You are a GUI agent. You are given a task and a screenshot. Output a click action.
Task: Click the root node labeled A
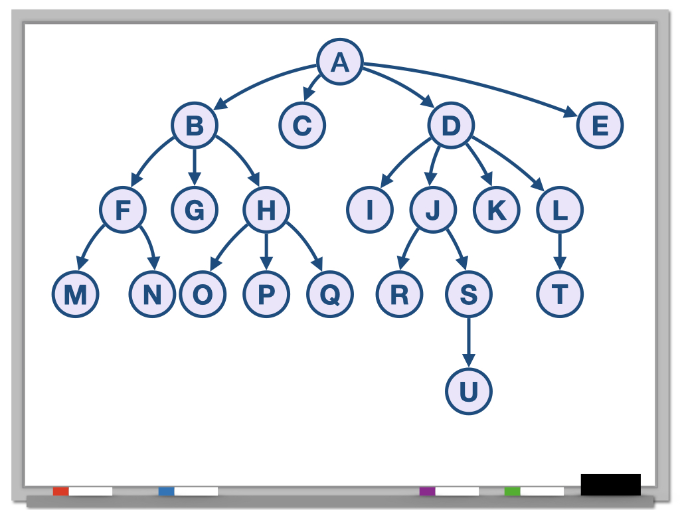[339, 62]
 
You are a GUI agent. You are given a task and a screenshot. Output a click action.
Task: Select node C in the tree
[301, 126]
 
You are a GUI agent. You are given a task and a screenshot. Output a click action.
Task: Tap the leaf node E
[600, 126]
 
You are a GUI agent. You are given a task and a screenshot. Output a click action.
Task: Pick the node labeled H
[266, 210]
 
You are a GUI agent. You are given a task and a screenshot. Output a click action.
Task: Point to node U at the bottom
[468, 392]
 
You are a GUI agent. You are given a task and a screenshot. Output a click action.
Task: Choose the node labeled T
[560, 294]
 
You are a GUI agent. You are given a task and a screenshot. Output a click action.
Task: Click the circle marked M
[76, 294]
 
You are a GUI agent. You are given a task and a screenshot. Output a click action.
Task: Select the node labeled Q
[330, 294]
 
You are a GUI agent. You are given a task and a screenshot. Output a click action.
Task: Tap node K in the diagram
[496, 210]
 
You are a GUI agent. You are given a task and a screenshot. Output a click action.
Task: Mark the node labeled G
[194, 210]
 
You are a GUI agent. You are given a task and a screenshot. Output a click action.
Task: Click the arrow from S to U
[468, 343]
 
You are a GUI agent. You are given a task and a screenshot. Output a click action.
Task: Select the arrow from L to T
[560, 252]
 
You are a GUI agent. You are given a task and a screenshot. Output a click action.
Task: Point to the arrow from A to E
[478, 83]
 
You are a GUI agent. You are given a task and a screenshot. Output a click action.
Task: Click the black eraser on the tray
[610, 484]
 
